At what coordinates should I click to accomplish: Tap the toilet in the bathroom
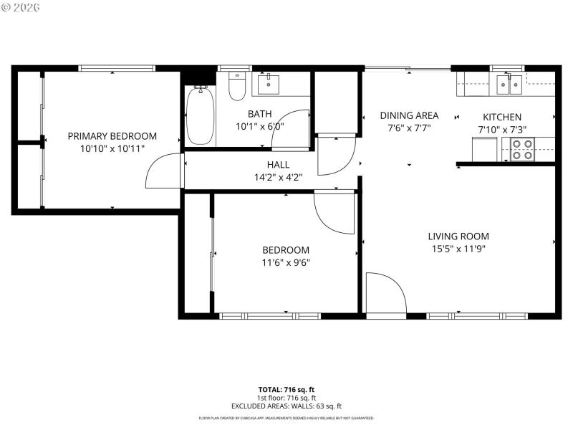[236, 87]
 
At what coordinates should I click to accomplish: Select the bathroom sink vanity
[269, 84]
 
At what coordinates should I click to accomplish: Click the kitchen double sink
[509, 85]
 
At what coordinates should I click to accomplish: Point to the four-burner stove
[521, 148]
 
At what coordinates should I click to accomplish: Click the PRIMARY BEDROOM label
[112, 136]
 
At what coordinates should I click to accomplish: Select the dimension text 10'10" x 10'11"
[112, 148]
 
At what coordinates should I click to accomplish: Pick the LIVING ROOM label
[458, 236]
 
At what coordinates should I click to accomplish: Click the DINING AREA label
[409, 115]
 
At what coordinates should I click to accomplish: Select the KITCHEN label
[502, 117]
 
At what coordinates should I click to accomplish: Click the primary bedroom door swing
[162, 172]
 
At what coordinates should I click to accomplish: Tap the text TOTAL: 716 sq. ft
[286, 389]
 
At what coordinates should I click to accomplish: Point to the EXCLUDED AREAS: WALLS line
[286, 406]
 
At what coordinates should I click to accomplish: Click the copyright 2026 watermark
[21, 6]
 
